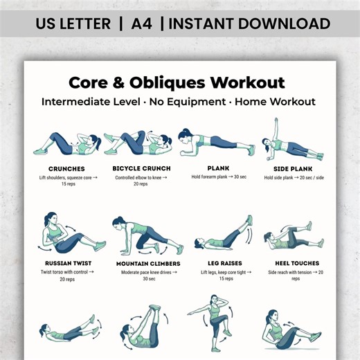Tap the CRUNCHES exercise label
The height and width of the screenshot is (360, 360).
[66, 168]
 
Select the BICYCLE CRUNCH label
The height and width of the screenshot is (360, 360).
[141, 168]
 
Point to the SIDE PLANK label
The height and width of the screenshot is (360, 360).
[290, 168]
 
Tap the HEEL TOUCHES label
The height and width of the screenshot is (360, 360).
[296, 263]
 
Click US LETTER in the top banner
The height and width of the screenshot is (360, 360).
[73, 24]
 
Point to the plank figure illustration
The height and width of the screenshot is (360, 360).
[215, 143]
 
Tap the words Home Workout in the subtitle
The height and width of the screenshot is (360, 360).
[276, 101]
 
